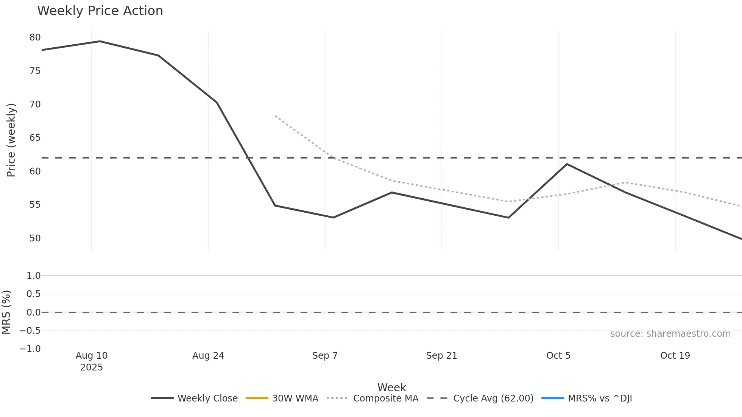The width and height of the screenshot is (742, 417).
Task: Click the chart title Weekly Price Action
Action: click(x=100, y=11)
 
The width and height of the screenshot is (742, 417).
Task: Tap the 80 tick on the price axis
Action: click(x=35, y=37)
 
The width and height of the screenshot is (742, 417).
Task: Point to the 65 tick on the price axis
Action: click(x=35, y=138)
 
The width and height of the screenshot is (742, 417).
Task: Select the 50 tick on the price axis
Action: click(x=35, y=238)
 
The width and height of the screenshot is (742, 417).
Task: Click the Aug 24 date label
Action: click(x=208, y=356)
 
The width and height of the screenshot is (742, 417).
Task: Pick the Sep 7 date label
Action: click(x=325, y=356)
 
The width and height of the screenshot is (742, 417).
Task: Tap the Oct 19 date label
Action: click(x=675, y=356)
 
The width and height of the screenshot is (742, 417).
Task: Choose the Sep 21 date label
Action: click(x=441, y=356)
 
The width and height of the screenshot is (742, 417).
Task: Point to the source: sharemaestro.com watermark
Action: click(x=670, y=334)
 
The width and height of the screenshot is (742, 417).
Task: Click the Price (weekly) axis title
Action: click(x=11, y=140)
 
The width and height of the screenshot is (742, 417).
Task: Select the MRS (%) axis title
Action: click(x=6, y=312)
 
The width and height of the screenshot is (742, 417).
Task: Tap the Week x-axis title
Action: click(x=391, y=387)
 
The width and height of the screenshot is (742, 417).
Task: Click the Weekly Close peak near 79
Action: click(x=100, y=41)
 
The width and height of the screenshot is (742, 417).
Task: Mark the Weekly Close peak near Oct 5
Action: click(x=567, y=164)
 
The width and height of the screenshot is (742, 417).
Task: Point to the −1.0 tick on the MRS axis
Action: click(x=30, y=349)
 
